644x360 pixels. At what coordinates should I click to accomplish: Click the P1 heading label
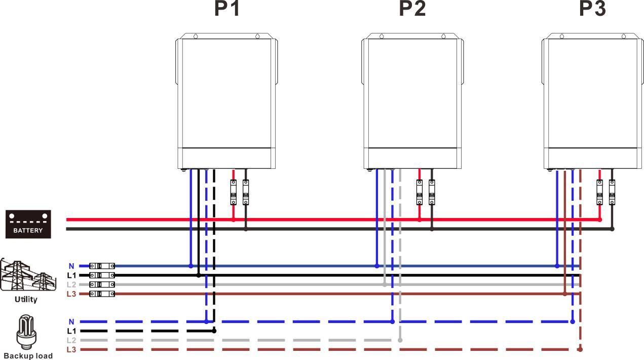click(x=227, y=9)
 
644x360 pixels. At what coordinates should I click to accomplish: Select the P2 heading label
click(x=412, y=9)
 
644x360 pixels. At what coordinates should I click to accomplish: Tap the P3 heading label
click(x=592, y=9)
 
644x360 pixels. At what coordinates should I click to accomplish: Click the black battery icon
click(x=28, y=224)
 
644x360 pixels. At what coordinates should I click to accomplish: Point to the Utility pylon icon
click(x=28, y=274)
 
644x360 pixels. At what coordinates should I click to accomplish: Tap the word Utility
click(x=26, y=299)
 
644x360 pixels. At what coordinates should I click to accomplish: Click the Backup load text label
click(x=28, y=355)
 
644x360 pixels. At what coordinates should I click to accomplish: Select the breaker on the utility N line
click(x=102, y=266)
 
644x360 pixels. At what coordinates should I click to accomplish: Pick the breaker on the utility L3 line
click(x=102, y=294)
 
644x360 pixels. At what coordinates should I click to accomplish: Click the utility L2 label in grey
click(x=71, y=284)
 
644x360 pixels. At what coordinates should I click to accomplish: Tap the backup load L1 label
click(x=71, y=331)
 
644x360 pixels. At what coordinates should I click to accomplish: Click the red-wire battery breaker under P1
click(x=234, y=192)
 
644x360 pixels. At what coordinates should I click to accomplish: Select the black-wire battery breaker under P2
click(x=432, y=192)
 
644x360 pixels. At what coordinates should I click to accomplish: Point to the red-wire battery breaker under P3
click(x=600, y=192)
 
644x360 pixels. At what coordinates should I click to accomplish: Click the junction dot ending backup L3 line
click(x=580, y=350)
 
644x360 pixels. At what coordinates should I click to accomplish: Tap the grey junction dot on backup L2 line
click(x=400, y=340)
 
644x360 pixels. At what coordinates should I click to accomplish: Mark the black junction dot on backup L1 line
click(x=214, y=331)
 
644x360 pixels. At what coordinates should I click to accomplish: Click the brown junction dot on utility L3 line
click(x=565, y=294)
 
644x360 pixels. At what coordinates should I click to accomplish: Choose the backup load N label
click(x=71, y=322)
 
